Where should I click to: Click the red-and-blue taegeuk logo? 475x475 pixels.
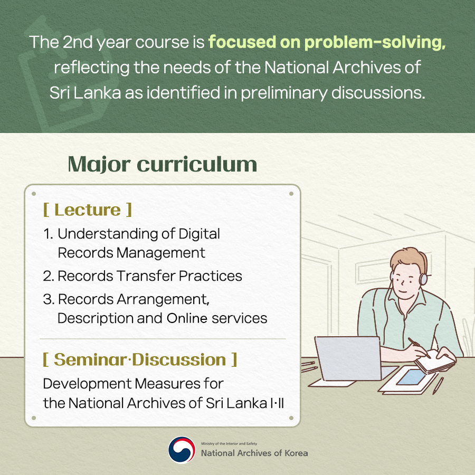(x=182, y=450)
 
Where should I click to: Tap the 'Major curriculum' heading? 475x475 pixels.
(x=163, y=165)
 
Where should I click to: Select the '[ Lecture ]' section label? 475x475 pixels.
(x=88, y=210)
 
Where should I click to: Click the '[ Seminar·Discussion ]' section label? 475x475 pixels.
(x=140, y=359)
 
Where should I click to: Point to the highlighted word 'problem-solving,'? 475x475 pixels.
(x=375, y=42)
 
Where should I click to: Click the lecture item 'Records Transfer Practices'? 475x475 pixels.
(x=150, y=275)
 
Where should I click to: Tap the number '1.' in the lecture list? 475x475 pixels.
(x=49, y=234)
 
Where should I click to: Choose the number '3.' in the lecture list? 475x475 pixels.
(x=49, y=299)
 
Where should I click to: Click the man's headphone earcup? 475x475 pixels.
(x=423, y=279)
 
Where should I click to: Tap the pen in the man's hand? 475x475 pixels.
(x=419, y=347)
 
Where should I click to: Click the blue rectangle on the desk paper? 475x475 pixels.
(x=411, y=377)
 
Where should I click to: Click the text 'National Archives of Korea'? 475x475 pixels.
(x=254, y=453)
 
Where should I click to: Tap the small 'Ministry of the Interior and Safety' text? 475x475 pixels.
(x=229, y=443)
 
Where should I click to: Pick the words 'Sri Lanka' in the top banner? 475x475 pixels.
(x=85, y=92)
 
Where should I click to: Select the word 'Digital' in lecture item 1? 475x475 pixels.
(x=199, y=234)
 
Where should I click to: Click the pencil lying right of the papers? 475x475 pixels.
(x=438, y=385)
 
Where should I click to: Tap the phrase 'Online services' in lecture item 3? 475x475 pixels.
(x=217, y=318)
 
